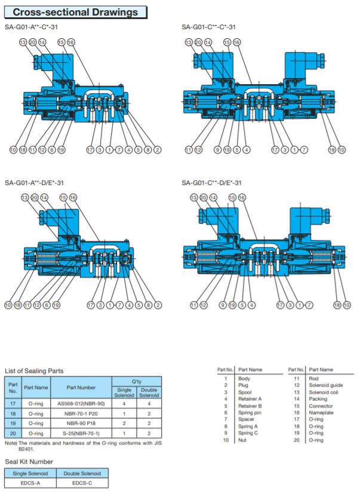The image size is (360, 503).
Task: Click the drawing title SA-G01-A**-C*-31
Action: coord(33,27)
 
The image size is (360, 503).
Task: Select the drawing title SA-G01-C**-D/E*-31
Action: coord(211,183)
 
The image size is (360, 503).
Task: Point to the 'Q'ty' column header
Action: coord(137,380)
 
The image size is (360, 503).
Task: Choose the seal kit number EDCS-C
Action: coord(80,483)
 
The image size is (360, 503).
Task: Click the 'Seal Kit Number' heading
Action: coord(29,461)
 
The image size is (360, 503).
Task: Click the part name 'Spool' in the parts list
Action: coord(245,392)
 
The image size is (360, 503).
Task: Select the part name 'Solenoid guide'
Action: coord(325,385)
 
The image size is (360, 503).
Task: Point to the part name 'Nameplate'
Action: coord(321,412)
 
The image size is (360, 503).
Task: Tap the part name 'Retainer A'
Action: coord(250,399)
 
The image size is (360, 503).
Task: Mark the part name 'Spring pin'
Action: coord(250,412)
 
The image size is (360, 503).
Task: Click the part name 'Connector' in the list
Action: coord(321,406)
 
